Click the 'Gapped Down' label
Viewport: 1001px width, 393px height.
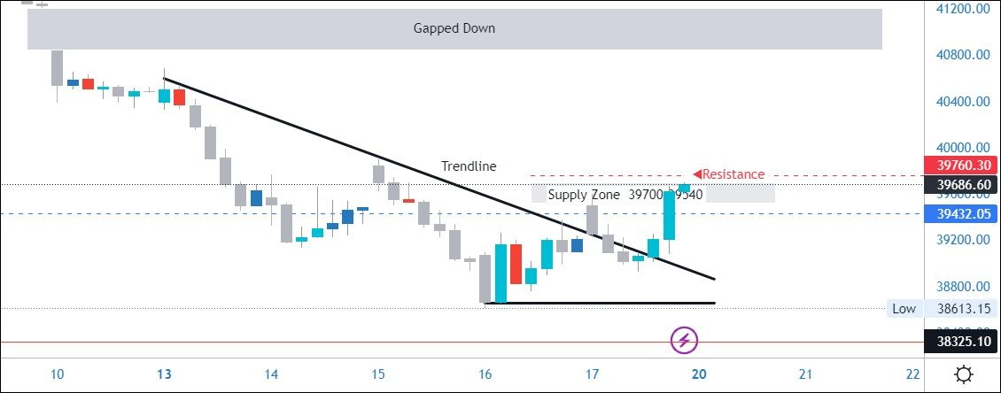click(454, 28)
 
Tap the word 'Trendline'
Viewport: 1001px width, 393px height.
click(469, 166)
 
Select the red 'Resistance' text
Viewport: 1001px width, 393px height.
click(733, 174)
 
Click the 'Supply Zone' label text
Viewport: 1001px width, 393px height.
click(584, 195)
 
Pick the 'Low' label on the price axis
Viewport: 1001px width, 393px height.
click(904, 308)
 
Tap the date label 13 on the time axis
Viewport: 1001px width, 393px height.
click(165, 374)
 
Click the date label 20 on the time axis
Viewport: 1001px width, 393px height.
click(700, 374)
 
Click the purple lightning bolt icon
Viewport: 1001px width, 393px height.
click(685, 339)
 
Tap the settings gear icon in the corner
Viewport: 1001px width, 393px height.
click(963, 374)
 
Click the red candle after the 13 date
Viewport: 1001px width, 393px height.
click(179, 96)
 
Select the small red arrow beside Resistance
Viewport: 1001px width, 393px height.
click(697, 173)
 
